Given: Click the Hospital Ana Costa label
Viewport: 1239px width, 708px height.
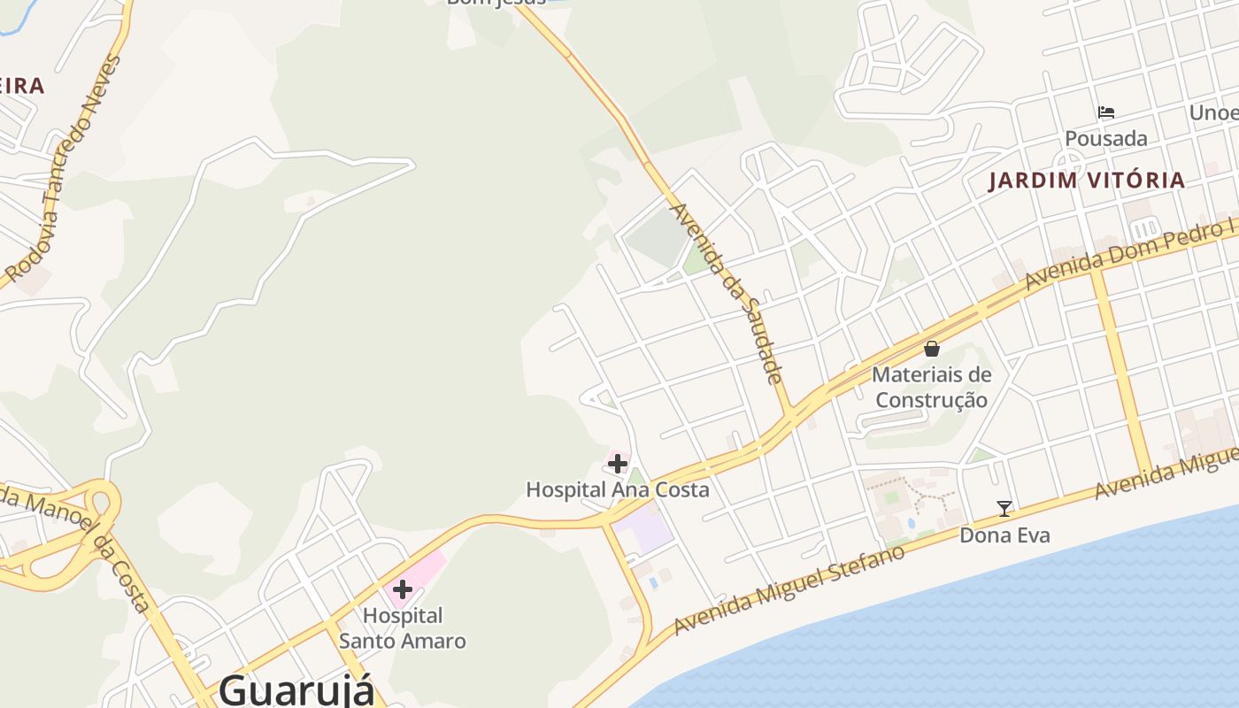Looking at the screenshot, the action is click(618, 489).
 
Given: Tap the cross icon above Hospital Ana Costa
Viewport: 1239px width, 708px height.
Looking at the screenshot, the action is click(618, 463).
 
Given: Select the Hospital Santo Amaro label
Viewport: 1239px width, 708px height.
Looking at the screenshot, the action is click(403, 627).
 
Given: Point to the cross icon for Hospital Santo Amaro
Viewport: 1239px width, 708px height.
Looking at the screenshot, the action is click(403, 589).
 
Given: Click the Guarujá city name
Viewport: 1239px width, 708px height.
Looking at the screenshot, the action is click(296, 689).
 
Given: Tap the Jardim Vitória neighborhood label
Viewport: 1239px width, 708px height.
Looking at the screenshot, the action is click(1086, 181).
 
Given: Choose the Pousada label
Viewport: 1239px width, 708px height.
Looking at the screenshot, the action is click(1105, 139).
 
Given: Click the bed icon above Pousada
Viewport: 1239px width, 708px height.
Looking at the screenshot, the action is click(1105, 112).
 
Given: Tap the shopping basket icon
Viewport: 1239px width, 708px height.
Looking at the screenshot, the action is click(931, 349).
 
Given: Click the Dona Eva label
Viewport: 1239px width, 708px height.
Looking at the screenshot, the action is click(1004, 535).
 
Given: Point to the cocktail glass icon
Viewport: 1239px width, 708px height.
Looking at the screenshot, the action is click(1004, 508).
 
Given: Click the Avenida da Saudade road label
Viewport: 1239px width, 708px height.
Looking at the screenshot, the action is click(727, 293).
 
